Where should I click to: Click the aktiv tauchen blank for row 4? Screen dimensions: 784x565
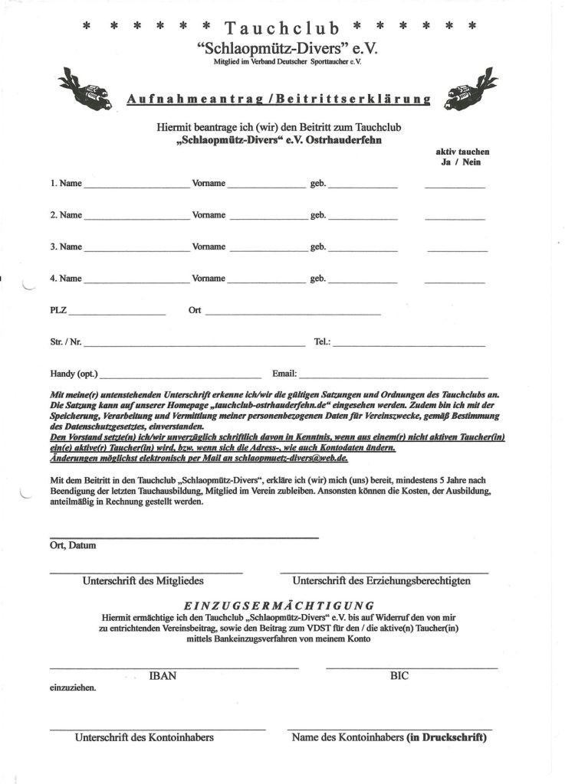coord(455,281)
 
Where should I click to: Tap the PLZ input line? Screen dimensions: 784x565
coord(118,313)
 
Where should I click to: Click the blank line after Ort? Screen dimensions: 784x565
coord(291,313)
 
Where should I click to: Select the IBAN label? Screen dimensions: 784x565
coord(163,676)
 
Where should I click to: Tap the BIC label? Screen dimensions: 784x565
coord(399,676)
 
